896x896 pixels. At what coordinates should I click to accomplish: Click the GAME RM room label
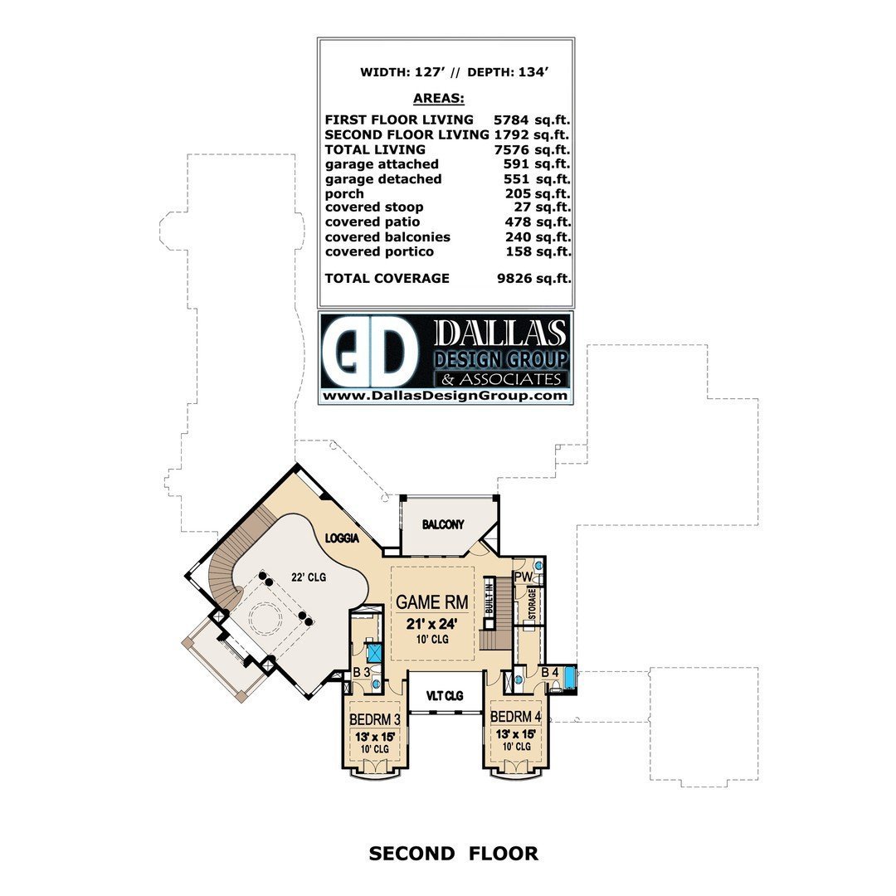431,601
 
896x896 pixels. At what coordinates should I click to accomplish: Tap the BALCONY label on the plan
442,524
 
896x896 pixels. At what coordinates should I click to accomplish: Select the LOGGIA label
342,538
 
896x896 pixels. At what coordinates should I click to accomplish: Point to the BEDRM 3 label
375,718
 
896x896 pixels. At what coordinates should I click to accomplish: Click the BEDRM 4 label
515,716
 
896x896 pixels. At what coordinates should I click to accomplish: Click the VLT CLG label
445,695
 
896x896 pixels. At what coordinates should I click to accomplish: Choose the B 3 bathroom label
362,671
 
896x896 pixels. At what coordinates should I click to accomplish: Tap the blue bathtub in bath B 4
571,679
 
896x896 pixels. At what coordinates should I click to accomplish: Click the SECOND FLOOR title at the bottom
453,853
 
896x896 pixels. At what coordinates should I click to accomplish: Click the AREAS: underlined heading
438,98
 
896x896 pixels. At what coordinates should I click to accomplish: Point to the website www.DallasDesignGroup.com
445,397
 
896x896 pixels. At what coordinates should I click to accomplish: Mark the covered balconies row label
387,236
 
